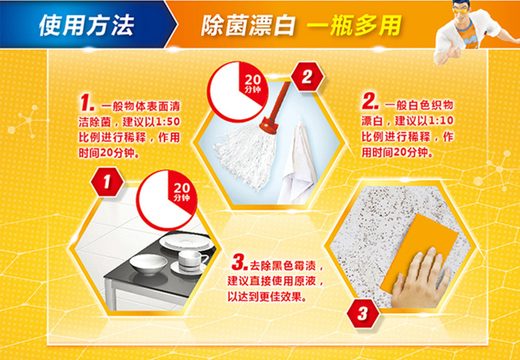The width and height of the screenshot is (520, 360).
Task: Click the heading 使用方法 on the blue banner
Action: [86, 25]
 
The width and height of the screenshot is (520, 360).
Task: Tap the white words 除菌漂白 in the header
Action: [248, 25]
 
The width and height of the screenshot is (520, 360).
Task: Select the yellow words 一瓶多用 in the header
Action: [354, 25]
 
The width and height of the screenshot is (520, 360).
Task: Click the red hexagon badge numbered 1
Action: [107, 182]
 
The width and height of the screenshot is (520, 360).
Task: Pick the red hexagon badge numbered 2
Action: [307, 77]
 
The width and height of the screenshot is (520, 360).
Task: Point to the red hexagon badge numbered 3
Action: [363, 313]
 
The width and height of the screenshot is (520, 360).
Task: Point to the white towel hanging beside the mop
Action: [296, 163]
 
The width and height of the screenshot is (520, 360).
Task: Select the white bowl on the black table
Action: [148, 264]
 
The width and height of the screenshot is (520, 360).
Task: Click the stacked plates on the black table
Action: [186, 242]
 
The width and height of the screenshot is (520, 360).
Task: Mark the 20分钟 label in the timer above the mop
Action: [253, 84]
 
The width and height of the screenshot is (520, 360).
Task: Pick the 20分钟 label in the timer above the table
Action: [182, 192]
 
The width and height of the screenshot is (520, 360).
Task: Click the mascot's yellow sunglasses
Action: [462, 8]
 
